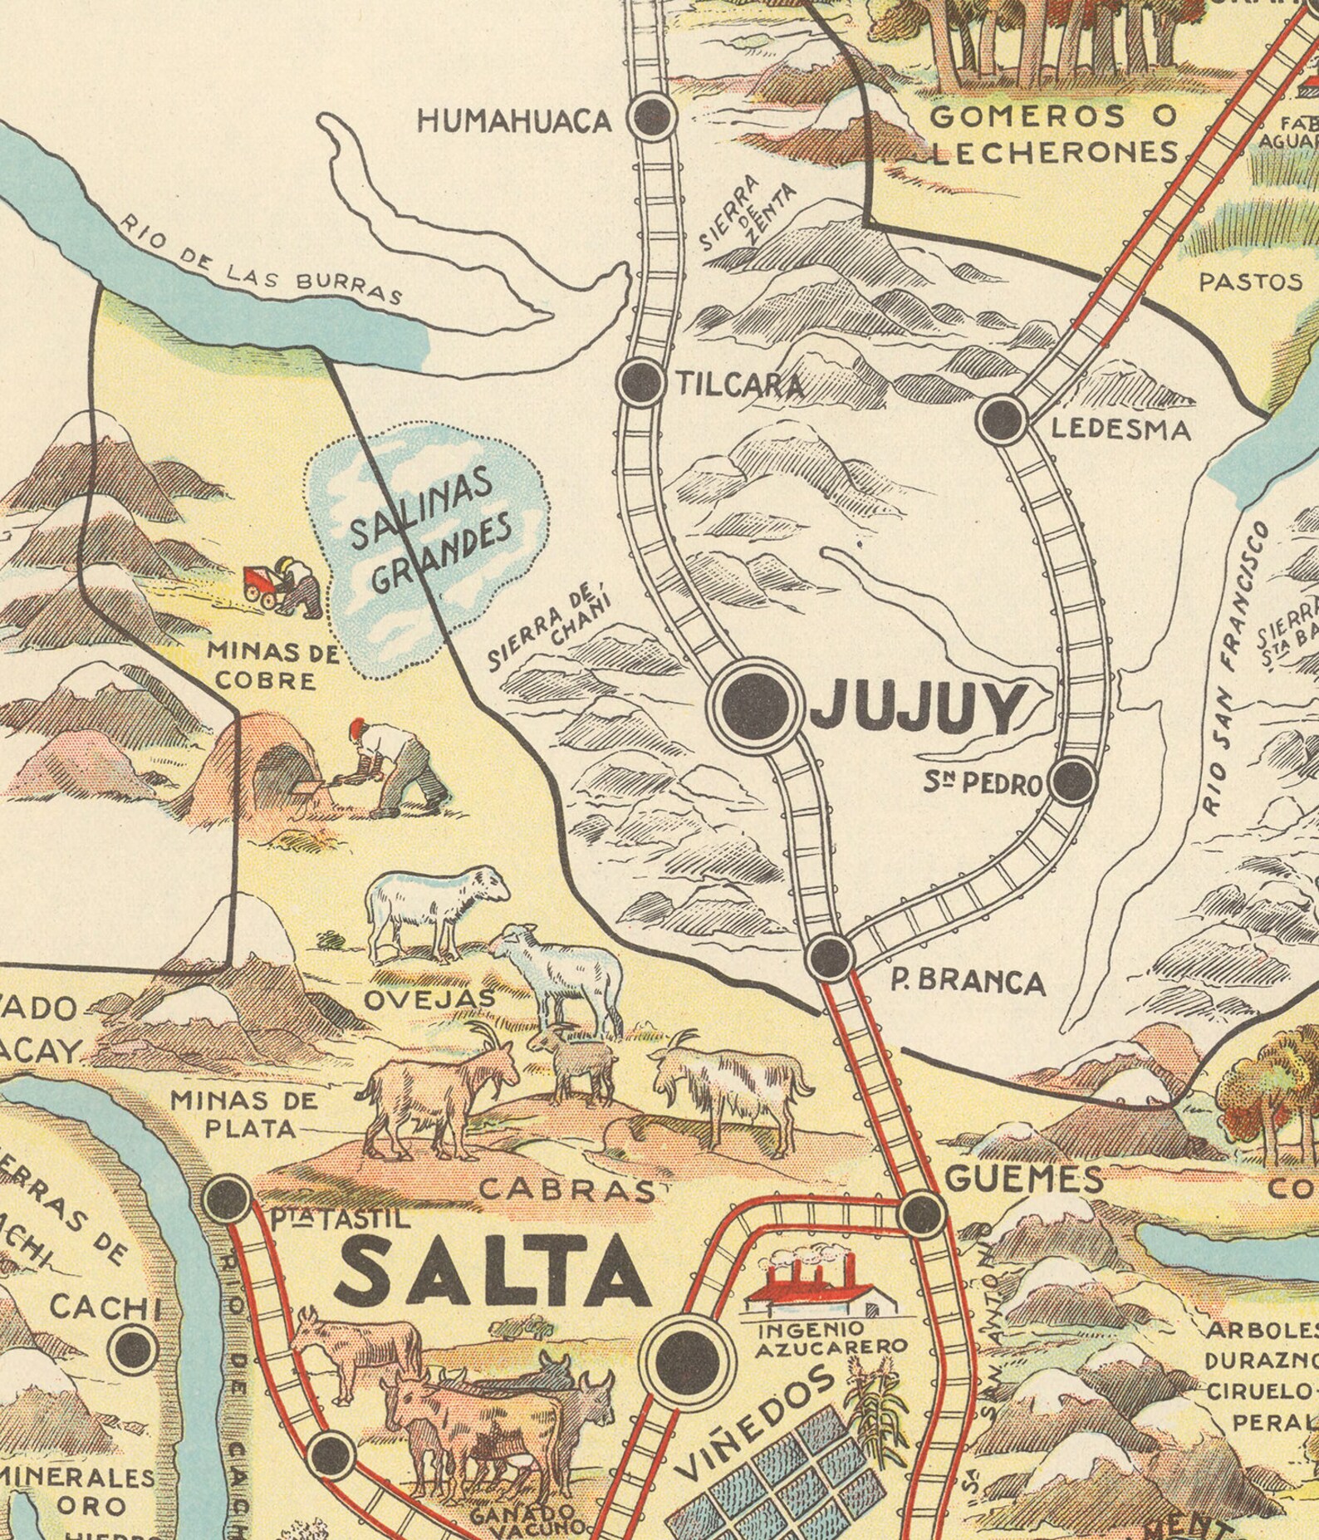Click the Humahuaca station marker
point(654,117)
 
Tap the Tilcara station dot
point(640,382)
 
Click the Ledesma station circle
point(1003,419)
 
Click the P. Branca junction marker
point(831,955)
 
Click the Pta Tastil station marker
point(228,1198)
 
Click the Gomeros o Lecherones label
point(1053,133)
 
